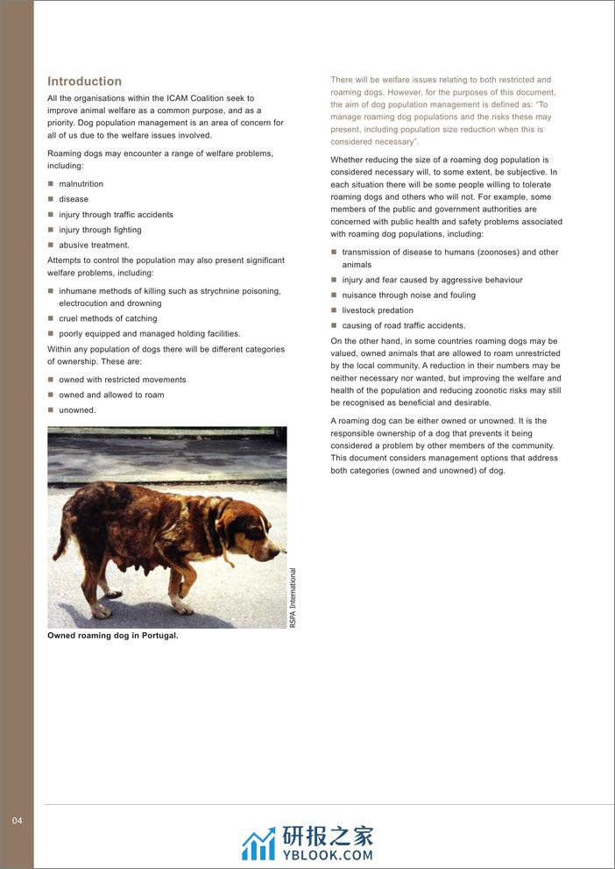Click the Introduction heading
tap(84, 81)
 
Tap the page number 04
tap(18, 821)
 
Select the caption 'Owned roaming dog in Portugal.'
tap(112, 636)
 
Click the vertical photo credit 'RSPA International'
tap(293, 598)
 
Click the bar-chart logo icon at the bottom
tap(258, 844)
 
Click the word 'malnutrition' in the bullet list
tap(81, 184)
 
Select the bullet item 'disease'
tap(74, 199)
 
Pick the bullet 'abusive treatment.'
tap(94, 246)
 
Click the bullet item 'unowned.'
tap(77, 410)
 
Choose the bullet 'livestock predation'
tap(378, 310)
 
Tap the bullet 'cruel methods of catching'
tap(108, 318)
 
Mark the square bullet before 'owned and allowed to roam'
tap(51, 395)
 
